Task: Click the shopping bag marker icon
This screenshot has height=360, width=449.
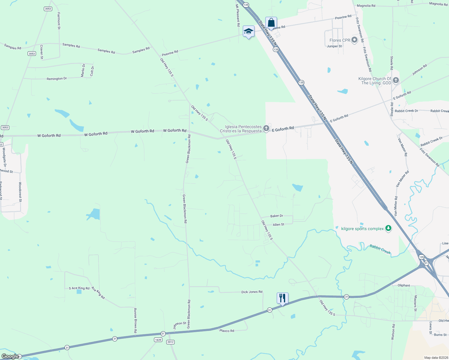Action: click(x=271, y=23)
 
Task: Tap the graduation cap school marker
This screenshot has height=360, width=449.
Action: click(x=249, y=31)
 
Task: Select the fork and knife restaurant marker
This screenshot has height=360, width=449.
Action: click(x=282, y=298)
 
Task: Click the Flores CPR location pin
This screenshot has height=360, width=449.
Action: click(x=354, y=40)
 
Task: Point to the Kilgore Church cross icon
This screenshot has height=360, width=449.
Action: click(x=396, y=80)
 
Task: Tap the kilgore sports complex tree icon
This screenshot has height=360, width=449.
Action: click(x=388, y=229)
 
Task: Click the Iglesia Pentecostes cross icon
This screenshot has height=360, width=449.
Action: click(x=266, y=129)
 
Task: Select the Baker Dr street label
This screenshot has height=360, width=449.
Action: click(x=277, y=216)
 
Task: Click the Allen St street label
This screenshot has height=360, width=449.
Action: click(x=279, y=224)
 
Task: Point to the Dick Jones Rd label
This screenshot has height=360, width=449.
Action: click(x=252, y=292)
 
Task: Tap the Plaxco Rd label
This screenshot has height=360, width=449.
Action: click(x=227, y=331)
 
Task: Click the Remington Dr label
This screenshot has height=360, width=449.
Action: click(x=57, y=79)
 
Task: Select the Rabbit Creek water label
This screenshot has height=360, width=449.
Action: click(x=380, y=249)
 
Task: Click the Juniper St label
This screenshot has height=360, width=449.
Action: click(x=334, y=46)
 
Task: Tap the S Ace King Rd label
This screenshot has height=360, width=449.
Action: click(x=79, y=288)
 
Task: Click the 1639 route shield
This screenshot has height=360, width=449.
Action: click(x=158, y=340)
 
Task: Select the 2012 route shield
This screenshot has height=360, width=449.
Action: click(x=170, y=342)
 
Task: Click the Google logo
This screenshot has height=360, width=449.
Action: click(x=10, y=356)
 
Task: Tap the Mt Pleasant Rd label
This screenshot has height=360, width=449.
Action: click(x=238, y=15)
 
